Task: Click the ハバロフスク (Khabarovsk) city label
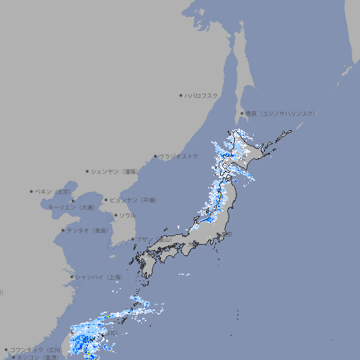(201, 95)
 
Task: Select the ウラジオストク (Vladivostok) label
(179, 156)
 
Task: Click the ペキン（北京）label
(54, 191)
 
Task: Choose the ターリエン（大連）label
(70, 208)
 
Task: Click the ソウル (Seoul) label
(127, 215)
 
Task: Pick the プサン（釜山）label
(153, 239)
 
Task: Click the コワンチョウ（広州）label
(36, 349)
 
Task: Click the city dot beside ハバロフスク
(181, 95)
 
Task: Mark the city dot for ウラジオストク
(155, 156)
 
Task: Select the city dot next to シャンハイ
(72, 277)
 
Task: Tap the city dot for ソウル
(116, 215)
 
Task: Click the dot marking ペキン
(32, 191)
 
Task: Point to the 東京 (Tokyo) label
(228, 234)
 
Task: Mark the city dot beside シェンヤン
(87, 171)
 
